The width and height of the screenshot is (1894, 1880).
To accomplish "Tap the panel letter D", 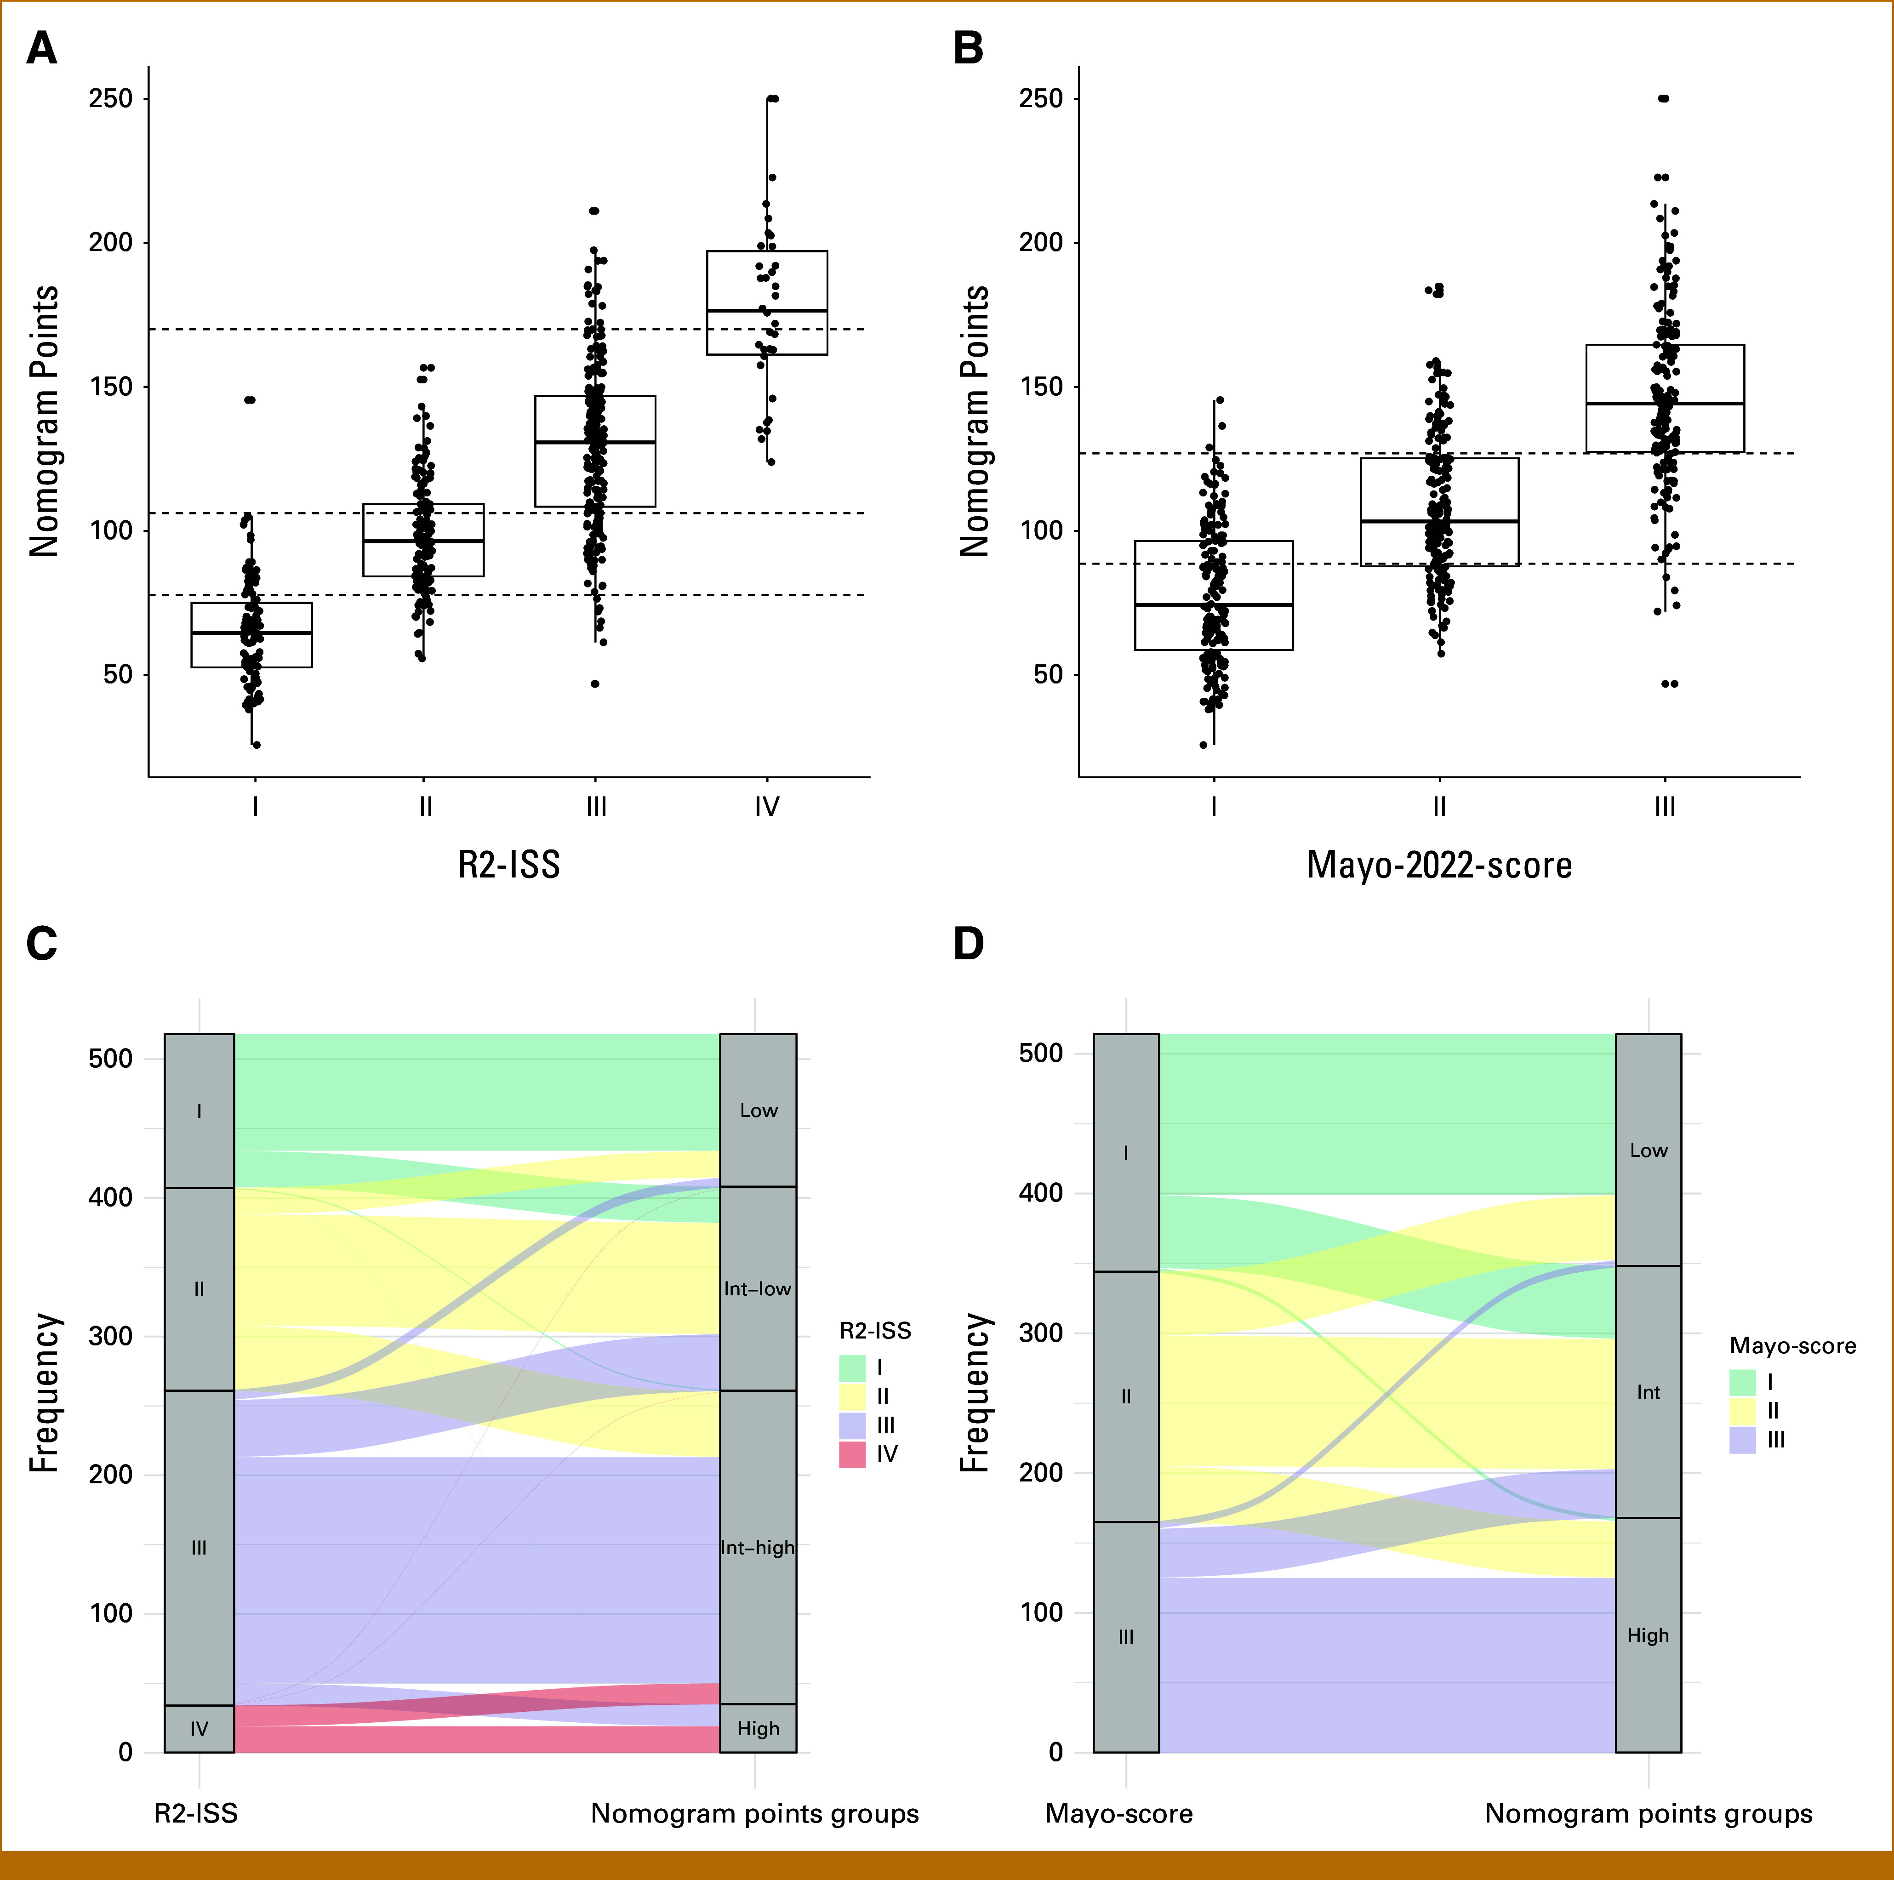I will [x=969, y=944].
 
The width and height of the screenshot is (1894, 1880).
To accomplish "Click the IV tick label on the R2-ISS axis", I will [x=767, y=807].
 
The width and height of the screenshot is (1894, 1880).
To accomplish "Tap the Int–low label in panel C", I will [x=758, y=1289].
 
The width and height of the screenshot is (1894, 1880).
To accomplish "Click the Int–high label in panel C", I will [x=758, y=1548].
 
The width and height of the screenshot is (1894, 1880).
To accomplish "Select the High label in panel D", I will [x=1648, y=1635].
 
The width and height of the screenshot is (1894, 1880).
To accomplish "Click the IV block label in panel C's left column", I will [x=199, y=1729].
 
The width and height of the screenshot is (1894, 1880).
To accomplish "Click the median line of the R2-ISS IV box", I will [x=767, y=311].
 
